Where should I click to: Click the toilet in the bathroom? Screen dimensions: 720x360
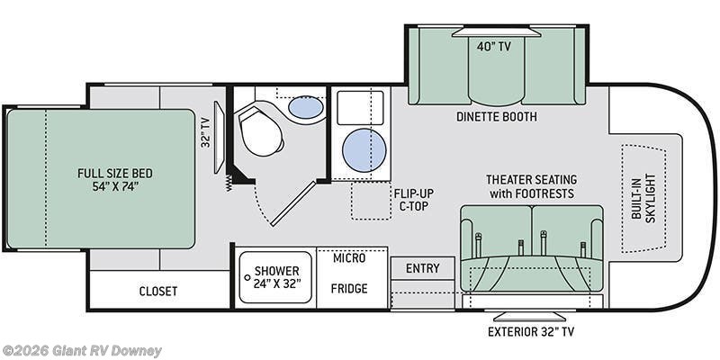(x=261, y=130)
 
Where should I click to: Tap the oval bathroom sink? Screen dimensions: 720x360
(x=305, y=107)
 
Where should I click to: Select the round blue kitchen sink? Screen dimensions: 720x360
(x=364, y=150)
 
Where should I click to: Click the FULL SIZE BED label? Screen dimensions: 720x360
(x=115, y=180)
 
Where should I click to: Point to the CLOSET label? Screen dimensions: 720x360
(x=158, y=291)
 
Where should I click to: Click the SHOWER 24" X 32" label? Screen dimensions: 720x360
(x=277, y=277)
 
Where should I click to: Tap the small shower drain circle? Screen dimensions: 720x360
(x=247, y=277)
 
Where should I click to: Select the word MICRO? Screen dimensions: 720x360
(x=349, y=257)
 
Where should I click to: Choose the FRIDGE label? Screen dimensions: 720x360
(x=349, y=288)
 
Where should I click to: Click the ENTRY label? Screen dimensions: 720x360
(x=422, y=268)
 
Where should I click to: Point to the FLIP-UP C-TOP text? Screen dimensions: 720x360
(x=413, y=200)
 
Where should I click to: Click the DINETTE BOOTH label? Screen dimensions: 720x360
(x=497, y=117)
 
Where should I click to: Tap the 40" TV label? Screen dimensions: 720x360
(x=493, y=47)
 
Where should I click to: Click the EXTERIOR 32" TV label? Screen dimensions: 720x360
(x=531, y=331)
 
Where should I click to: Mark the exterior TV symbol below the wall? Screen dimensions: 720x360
(x=529, y=317)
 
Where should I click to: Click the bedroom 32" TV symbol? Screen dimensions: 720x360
(x=220, y=138)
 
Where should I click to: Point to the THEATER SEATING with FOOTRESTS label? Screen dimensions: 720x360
(x=531, y=186)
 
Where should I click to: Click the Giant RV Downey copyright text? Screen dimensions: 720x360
(x=81, y=351)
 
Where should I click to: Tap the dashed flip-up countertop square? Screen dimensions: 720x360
(x=371, y=201)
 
